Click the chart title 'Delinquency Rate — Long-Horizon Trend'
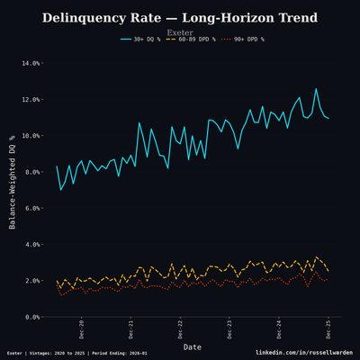[x=180, y=18]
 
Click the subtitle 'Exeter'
[x=180, y=32]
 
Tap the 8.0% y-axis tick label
[x=31, y=172]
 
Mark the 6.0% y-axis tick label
[x=31, y=208]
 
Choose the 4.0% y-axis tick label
[x=31, y=245]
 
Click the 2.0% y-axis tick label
[x=31, y=281]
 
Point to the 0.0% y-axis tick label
[x=31, y=317]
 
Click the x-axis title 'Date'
[x=193, y=346]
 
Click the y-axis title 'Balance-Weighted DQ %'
[x=13, y=189]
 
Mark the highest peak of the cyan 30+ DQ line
[x=316, y=88]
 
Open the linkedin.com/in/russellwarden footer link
[x=304, y=353]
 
